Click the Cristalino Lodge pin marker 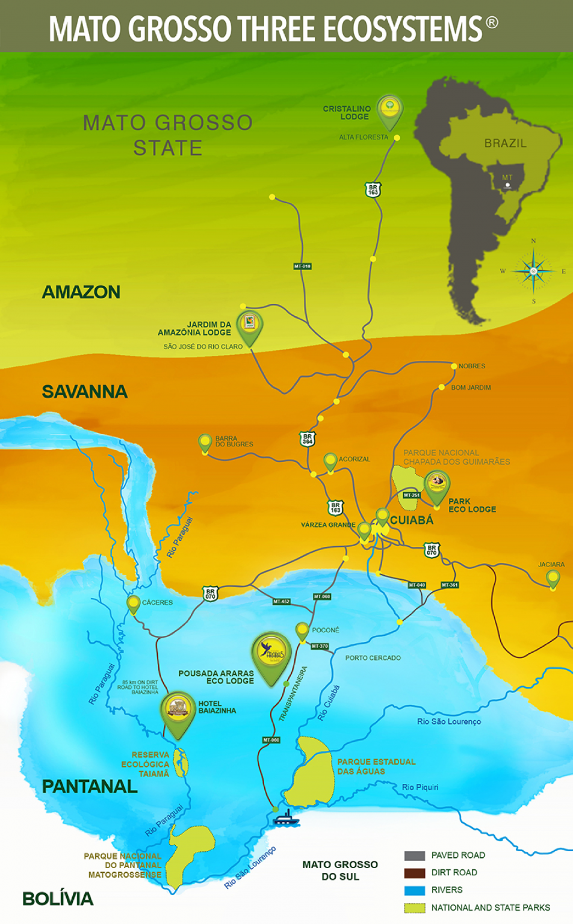(390, 111)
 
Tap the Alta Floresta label (364, 137)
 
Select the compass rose (533, 271)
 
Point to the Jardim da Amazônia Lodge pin (249, 326)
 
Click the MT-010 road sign (302, 266)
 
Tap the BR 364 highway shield (308, 439)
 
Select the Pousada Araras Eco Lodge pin (271, 655)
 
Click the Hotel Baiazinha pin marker (178, 712)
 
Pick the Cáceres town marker (133, 603)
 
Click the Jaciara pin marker (553, 578)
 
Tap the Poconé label (326, 630)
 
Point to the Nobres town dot (454, 366)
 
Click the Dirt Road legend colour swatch (415, 873)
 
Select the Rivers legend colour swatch (415, 890)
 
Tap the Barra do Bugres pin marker (205, 443)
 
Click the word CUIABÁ (412, 520)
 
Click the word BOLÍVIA (58, 899)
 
